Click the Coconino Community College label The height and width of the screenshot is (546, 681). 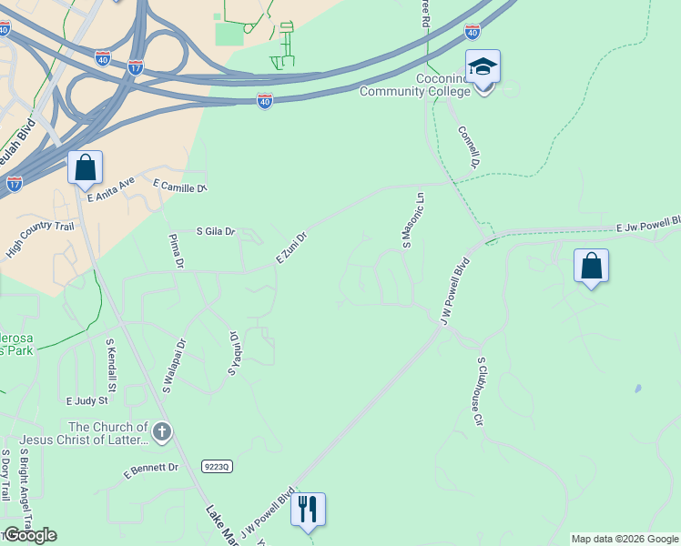point(415,85)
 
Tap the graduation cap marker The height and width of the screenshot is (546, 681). point(483,67)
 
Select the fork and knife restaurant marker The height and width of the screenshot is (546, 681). point(308,510)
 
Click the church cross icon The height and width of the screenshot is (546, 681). point(162,432)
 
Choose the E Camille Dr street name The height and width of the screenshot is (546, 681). point(180,186)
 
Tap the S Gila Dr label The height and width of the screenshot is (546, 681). point(216,232)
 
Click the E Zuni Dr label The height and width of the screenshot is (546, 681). point(291,248)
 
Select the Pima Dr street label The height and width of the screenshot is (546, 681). point(177,251)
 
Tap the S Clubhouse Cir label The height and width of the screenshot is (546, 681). point(478,391)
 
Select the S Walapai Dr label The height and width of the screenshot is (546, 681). point(173,367)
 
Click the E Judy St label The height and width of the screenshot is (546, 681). point(86,399)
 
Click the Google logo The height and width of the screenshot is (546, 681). point(30,535)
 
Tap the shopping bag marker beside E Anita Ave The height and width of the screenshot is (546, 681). point(85,167)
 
